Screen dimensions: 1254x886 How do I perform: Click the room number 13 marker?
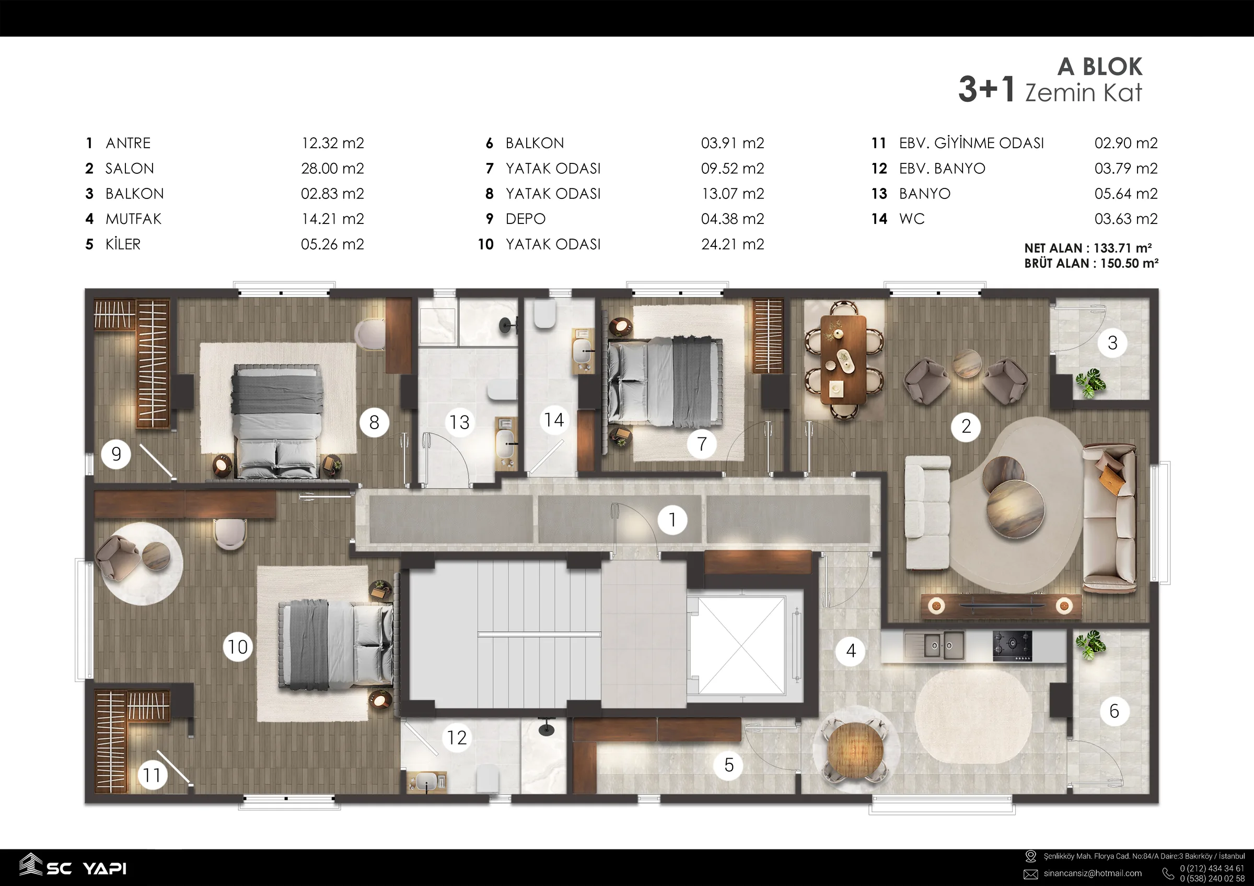(x=459, y=422)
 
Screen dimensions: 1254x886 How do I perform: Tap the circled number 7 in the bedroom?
(x=702, y=444)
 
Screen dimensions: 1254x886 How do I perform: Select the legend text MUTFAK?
(x=133, y=219)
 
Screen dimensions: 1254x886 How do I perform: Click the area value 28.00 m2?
(x=333, y=168)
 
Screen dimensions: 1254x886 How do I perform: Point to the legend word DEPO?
(x=526, y=219)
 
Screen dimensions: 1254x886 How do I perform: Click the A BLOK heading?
(x=1100, y=67)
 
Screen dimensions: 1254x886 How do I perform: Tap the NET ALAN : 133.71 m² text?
(x=1088, y=248)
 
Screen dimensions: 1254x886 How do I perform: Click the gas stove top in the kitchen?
(x=1012, y=646)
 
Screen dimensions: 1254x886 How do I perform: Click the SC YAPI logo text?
(x=86, y=869)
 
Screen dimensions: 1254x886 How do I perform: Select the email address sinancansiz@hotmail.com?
(x=1093, y=873)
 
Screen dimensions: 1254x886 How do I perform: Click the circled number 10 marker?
(x=238, y=647)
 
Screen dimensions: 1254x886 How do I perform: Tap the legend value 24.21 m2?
(x=733, y=244)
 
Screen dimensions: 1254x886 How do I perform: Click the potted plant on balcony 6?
(x=1090, y=645)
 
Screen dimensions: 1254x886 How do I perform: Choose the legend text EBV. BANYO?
(x=942, y=168)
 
